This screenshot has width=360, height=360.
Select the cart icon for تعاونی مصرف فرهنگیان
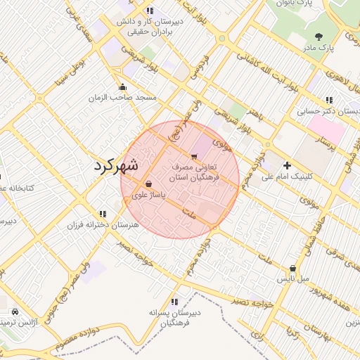(193, 157)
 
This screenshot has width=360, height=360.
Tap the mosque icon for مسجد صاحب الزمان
(123, 87)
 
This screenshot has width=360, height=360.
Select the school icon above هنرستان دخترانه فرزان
(103, 213)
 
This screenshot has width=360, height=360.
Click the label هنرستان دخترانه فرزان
(103, 225)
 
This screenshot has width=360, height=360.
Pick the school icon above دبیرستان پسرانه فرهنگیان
(174, 302)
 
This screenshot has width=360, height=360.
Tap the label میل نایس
(292, 279)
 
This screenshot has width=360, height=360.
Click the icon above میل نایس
(292, 268)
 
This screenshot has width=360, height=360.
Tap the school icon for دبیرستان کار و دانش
(150, 11)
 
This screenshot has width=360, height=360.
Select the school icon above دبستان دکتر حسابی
(329, 100)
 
